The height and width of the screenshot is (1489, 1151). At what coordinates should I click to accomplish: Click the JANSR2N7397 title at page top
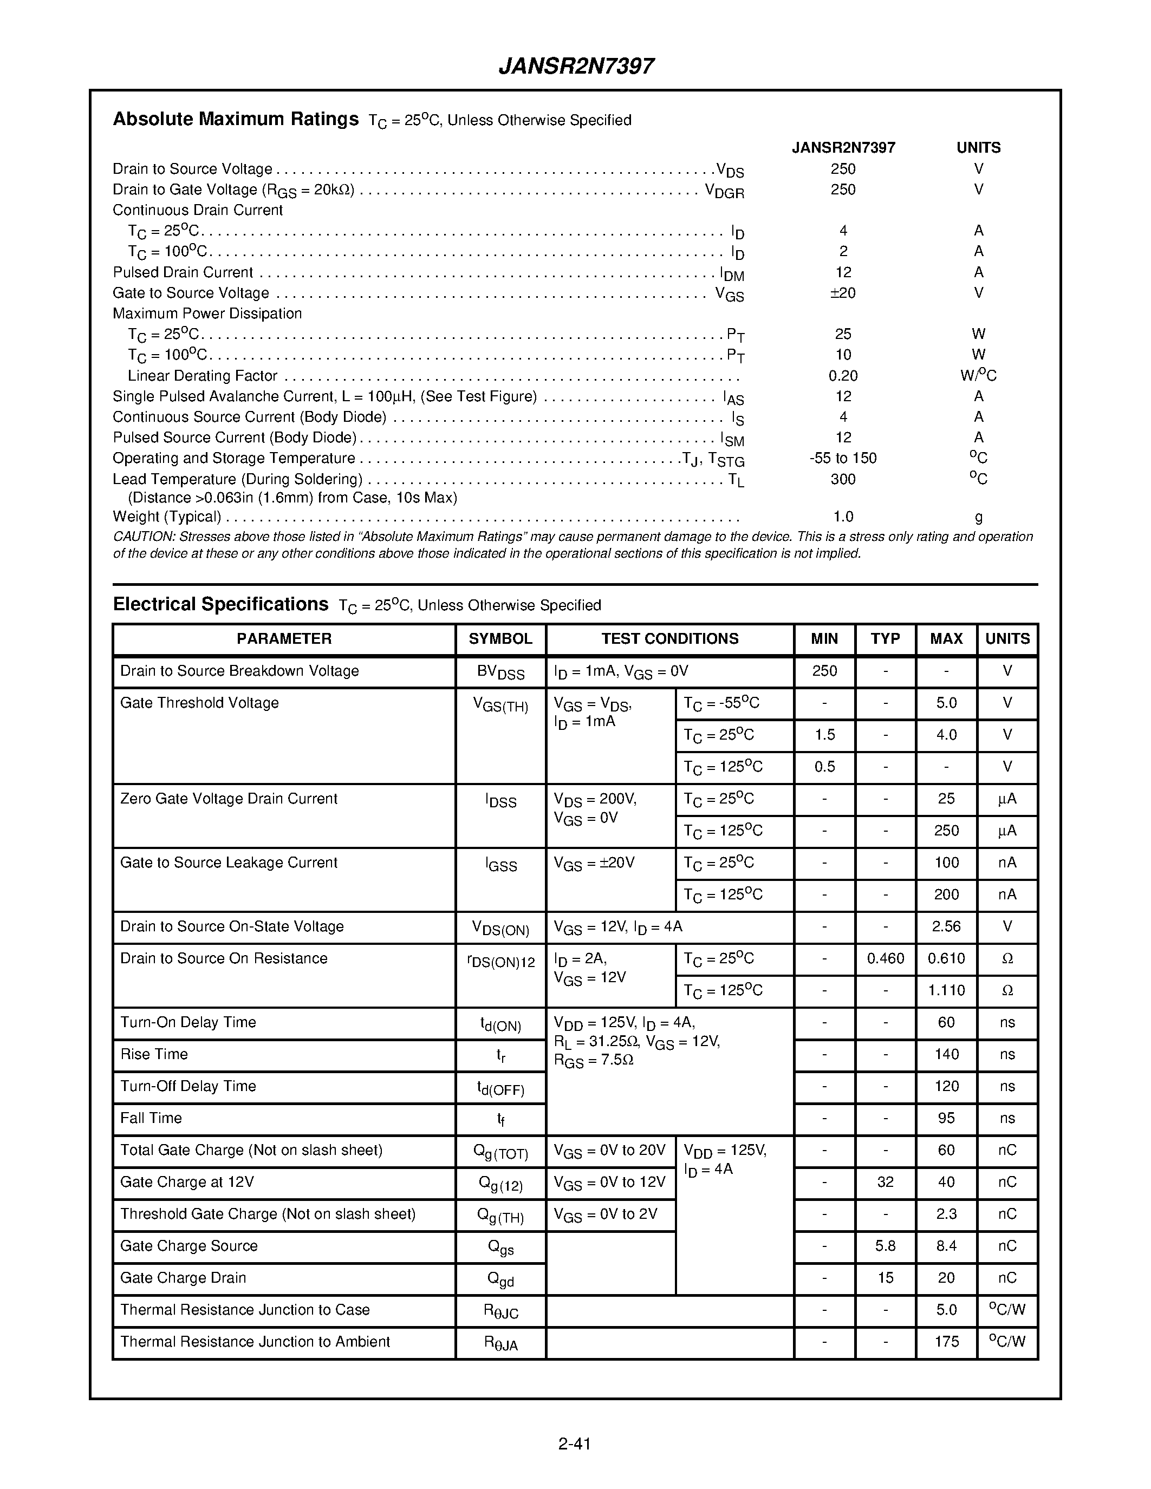click(x=576, y=66)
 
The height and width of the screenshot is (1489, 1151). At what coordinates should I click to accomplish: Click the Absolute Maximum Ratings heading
click(x=235, y=119)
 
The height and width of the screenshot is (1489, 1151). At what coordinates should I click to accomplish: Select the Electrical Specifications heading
click(x=220, y=605)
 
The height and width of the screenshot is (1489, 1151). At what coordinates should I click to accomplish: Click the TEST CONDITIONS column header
click(x=669, y=639)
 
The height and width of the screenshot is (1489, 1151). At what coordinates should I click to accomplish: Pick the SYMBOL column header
click(x=500, y=639)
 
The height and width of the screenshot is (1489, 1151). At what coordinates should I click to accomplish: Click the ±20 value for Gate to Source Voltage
click(x=843, y=293)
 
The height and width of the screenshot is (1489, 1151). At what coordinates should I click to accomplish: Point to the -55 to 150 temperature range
click(x=843, y=458)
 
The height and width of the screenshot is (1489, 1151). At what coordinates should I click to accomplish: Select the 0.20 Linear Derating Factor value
click(x=843, y=376)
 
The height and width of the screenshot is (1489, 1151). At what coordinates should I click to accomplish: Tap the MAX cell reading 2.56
click(x=946, y=926)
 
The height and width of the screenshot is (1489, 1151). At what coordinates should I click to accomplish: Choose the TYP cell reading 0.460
click(x=885, y=958)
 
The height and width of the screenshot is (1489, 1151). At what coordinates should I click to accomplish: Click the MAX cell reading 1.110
click(x=946, y=991)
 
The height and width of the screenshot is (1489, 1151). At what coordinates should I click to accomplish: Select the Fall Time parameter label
click(x=151, y=1118)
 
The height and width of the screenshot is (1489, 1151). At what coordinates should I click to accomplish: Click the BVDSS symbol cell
click(x=500, y=673)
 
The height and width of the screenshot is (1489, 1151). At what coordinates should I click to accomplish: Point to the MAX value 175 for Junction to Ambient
click(x=946, y=1342)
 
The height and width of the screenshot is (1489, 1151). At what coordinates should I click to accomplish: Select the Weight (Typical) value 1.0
click(x=843, y=517)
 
